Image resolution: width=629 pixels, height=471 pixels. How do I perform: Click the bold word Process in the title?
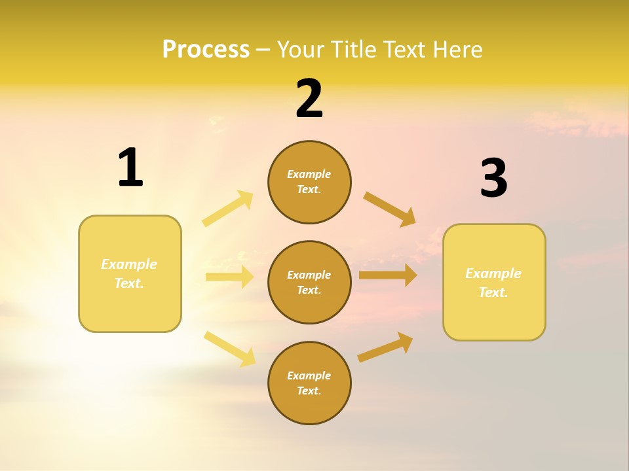coord(206,50)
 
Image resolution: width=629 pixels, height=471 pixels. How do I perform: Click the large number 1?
coord(130,167)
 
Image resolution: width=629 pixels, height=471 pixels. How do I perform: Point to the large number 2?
coord(309,99)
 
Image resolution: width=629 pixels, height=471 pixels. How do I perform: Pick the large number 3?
coord(494,178)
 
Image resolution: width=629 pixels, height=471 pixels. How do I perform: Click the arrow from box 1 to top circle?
coord(228,208)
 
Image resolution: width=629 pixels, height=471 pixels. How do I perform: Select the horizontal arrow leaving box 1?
coord(229,277)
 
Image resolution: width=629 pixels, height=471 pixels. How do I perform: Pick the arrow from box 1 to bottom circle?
coord(230,348)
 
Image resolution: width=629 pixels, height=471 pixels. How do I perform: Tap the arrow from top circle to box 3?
coord(389,208)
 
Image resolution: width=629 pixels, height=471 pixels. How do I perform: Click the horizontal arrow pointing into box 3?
coord(388,275)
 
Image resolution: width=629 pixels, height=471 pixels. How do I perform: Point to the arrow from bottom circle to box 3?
coord(385,347)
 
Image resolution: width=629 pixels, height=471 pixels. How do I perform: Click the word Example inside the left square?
coord(129,264)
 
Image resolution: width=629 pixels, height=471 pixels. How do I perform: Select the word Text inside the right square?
coord(493,292)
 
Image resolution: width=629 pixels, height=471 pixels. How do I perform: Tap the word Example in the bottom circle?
coord(309,375)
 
